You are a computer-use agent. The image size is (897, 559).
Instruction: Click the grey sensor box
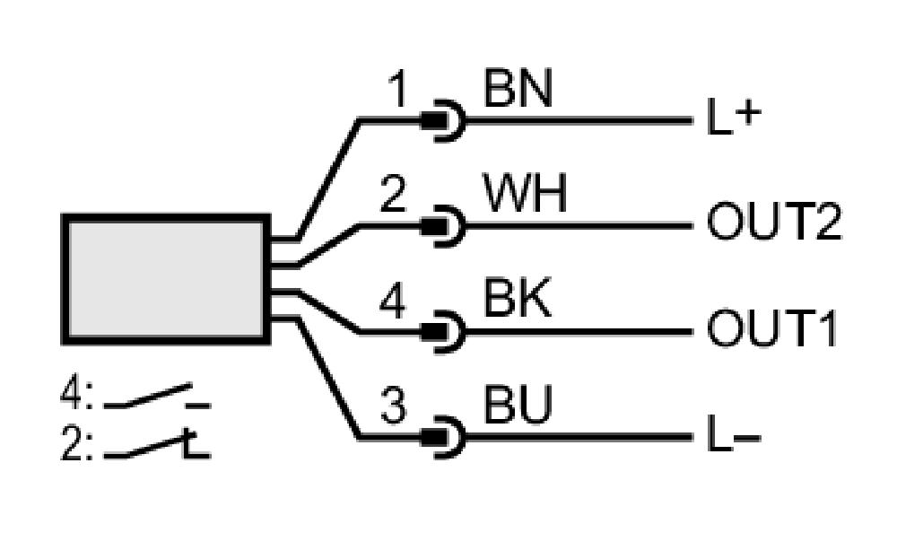coord(165,279)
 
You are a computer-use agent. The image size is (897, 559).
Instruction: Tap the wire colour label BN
coord(518,89)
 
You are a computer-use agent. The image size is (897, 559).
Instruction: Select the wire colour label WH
coord(525,193)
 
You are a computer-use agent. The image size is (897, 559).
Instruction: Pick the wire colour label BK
coord(518,298)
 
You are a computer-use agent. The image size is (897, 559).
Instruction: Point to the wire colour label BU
coord(518,405)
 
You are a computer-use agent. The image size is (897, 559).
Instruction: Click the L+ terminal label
coord(734,117)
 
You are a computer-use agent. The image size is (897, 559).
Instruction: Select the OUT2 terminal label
coord(774,222)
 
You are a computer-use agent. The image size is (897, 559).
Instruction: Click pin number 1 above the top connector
coord(397,89)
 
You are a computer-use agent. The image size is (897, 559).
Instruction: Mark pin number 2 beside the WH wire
coord(393,194)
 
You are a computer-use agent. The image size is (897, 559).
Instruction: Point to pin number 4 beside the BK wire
coord(393,300)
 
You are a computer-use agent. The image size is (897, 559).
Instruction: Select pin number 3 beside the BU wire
coord(393,406)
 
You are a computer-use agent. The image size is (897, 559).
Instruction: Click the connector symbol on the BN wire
coord(443,121)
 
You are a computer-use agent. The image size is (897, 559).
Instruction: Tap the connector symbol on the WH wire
coord(443,227)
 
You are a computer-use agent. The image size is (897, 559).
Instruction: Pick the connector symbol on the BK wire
coord(443,332)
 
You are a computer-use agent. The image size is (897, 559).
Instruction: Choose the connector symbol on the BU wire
coord(443,438)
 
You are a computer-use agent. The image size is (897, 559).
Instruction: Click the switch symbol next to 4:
coord(157,397)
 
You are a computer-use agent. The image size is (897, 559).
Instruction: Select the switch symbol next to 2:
coord(157,445)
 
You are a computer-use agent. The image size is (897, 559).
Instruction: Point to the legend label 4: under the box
coord(76,394)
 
